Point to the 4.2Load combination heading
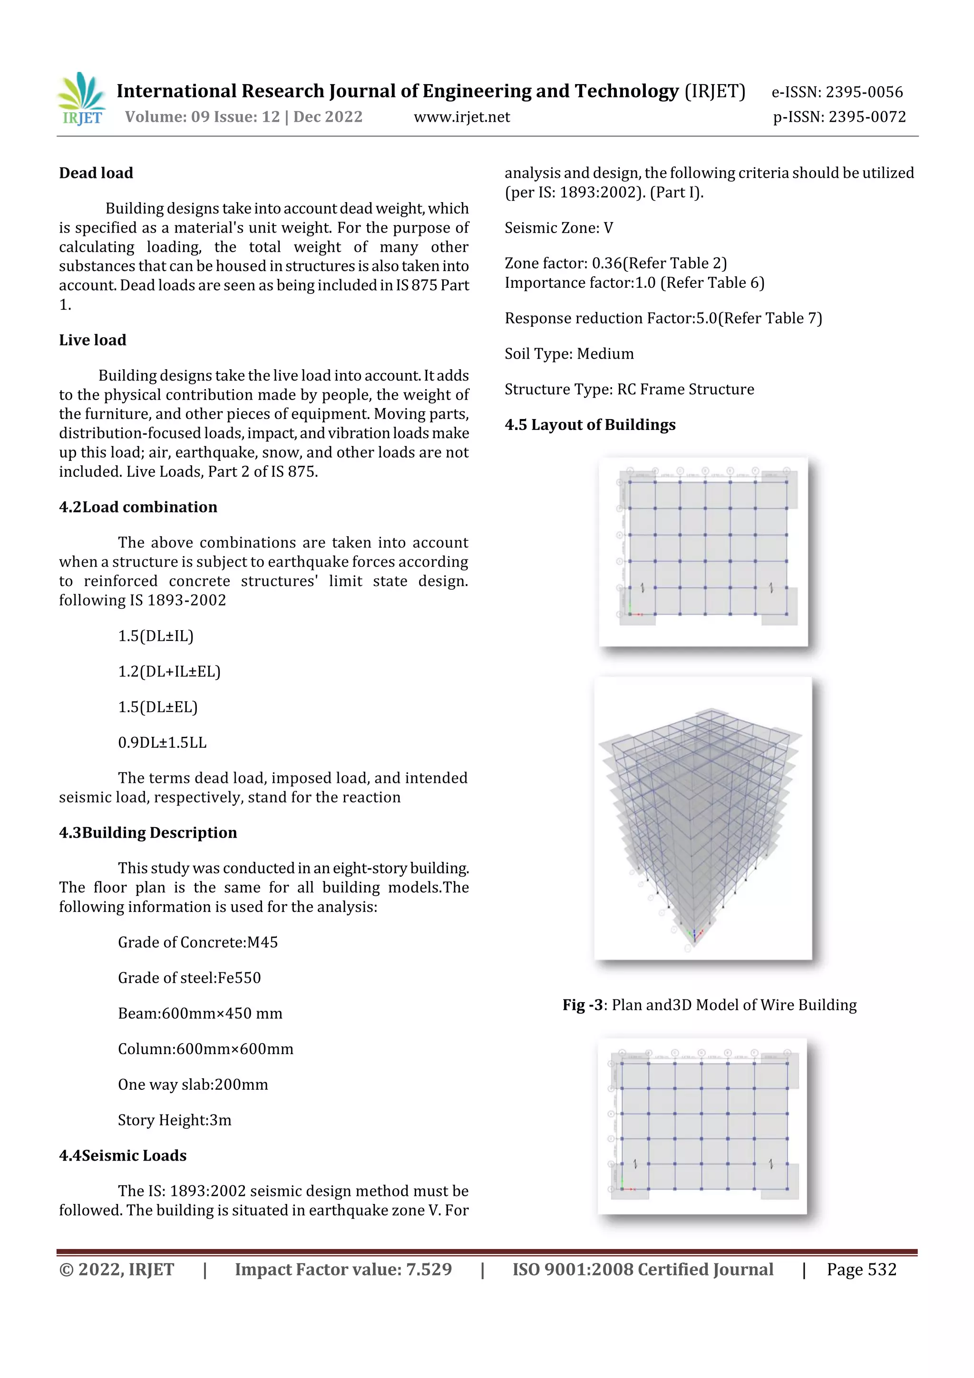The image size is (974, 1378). click(x=138, y=507)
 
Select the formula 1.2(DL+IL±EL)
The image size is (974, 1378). click(x=169, y=671)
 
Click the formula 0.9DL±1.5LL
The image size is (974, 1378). click(x=162, y=743)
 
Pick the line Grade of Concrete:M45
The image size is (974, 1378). click(x=197, y=942)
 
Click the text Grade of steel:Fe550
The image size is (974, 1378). click(x=189, y=977)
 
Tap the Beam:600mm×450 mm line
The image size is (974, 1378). click(x=200, y=1013)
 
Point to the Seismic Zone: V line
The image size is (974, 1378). click(x=559, y=228)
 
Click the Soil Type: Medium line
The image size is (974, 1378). click(x=569, y=353)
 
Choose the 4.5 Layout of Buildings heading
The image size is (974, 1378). click(x=590, y=424)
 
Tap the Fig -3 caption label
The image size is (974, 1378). click(x=582, y=1005)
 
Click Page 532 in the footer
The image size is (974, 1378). click(x=861, y=1270)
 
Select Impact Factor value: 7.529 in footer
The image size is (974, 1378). click(x=343, y=1270)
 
